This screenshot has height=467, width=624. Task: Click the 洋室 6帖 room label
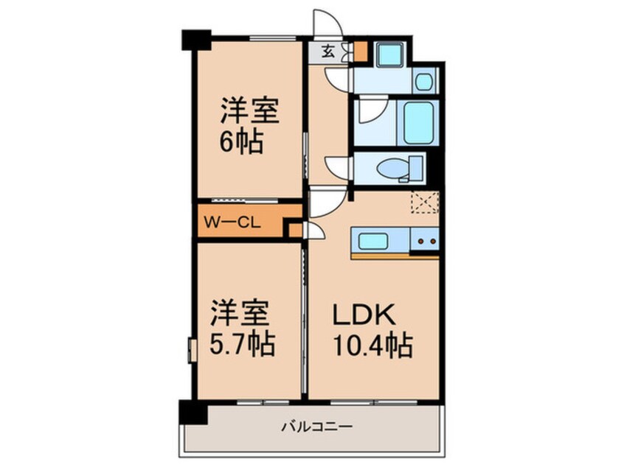click(248, 126)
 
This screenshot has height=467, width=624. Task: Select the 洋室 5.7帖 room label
click(243, 329)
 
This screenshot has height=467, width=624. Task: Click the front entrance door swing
click(325, 22)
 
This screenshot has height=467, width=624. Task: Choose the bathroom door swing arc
click(366, 113)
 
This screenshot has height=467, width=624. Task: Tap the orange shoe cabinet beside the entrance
click(360, 52)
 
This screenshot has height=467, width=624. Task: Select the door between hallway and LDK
click(323, 200)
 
